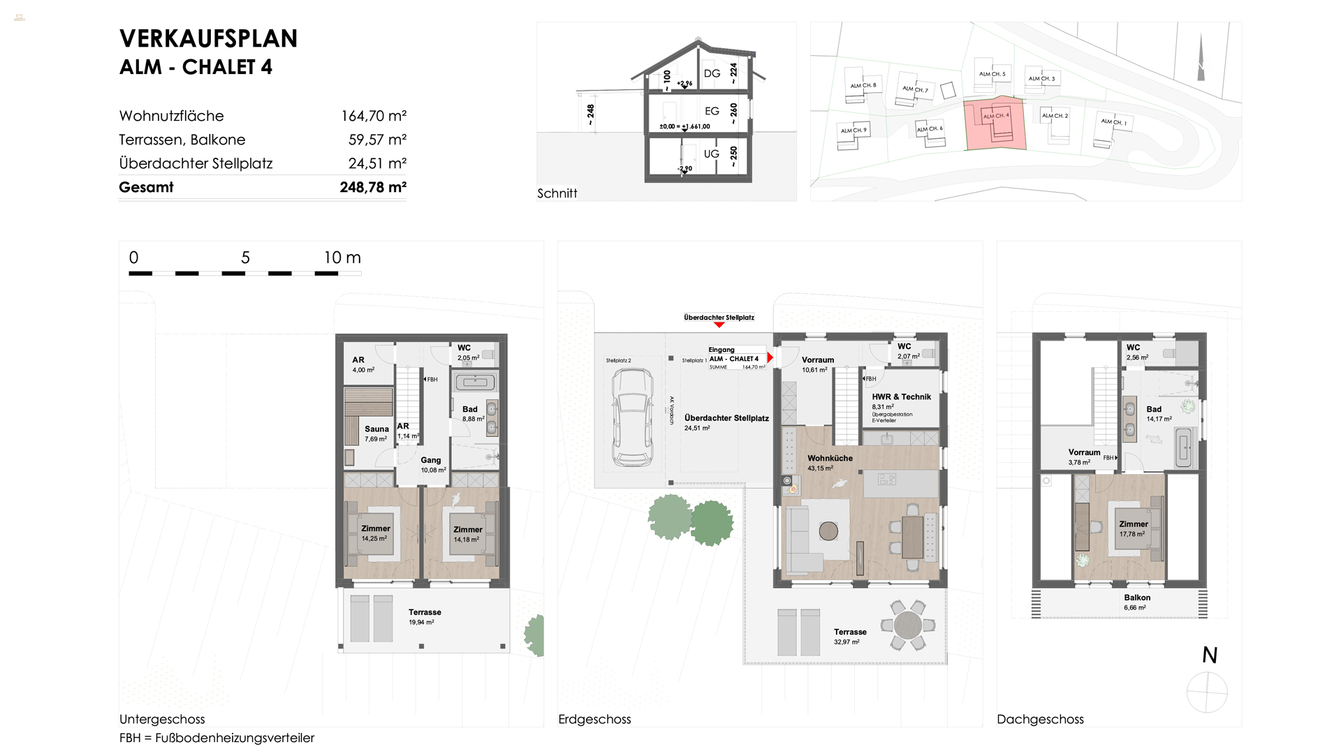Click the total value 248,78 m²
coord(373,187)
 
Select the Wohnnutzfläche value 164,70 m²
coord(374,116)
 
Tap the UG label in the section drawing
coord(711,154)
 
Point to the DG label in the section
coord(712,73)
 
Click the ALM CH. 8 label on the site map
coord(863,86)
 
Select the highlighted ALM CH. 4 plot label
coord(996,116)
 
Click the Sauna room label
coord(376,429)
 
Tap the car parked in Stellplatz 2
coord(632,417)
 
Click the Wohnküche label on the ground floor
coord(830,459)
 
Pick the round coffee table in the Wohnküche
coord(828,531)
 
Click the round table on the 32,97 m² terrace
coord(907,625)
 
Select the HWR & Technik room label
coord(901,397)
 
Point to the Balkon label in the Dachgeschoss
coord(1137,598)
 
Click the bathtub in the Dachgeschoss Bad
coord(1184,448)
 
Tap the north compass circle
coord(1207,692)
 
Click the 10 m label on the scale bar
coord(342,258)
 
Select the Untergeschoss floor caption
coord(162,719)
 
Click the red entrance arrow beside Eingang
coord(770,358)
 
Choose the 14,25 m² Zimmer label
coord(375,528)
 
